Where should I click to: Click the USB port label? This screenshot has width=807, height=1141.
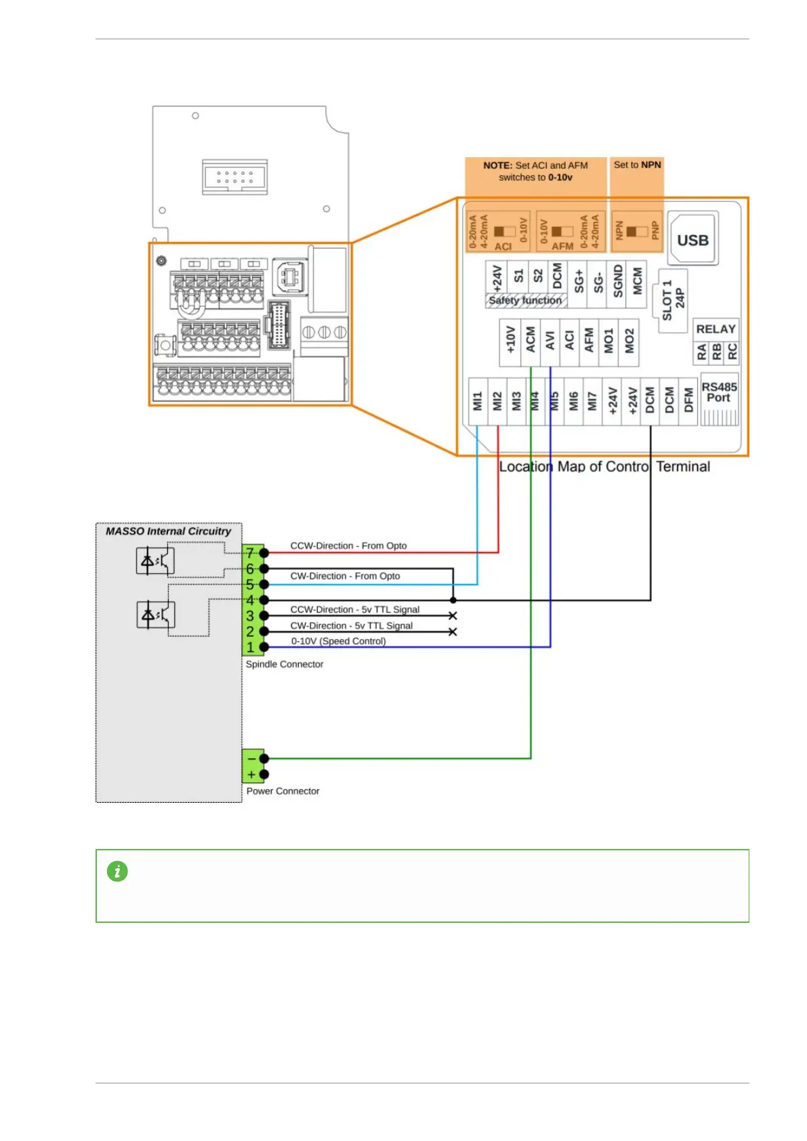[x=692, y=241]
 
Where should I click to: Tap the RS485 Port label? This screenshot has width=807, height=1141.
[x=719, y=392]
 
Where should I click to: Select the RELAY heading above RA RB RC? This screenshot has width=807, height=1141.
[x=716, y=329]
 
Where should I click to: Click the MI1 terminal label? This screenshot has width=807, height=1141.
[x=478, y=400]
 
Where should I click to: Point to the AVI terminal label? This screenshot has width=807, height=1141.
[x=550, y=341]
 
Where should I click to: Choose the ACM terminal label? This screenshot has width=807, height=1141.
[x=531, y=341]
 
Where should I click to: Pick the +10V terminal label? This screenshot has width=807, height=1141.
[x=510, y=341]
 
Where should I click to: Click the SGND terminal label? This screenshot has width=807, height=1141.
[x=618, y=281]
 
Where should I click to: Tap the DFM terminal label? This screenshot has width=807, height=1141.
[x=688, y=400]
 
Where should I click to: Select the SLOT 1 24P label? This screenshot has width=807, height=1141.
[x=674, y=300]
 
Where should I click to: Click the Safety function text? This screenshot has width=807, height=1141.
[x=525, y=300]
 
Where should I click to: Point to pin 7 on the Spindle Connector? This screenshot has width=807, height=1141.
[x=250, y=553]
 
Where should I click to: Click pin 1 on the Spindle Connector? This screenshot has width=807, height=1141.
[x=250, y=647]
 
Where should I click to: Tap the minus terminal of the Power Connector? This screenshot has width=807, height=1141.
[x=252, y=758]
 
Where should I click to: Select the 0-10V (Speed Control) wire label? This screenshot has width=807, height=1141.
[x=338, y=641]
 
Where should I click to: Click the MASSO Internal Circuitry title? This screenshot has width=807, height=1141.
[x=168, y=531]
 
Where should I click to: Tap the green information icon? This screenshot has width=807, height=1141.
[x=117, y=871]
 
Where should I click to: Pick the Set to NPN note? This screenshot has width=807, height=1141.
[x=637, y=165]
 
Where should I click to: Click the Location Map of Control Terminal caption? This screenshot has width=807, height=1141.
[x=604, y=467]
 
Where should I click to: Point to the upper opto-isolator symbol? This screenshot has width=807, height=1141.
[x=155, y=561]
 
